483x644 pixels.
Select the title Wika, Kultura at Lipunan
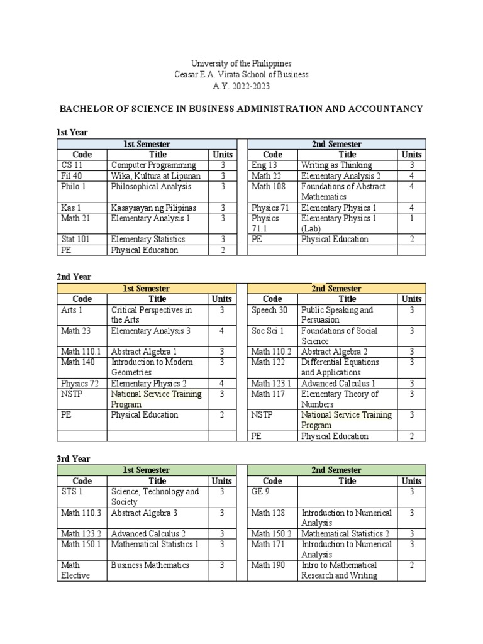pyautogui.click(x=156, y=176)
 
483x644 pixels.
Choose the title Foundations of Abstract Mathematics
pyautogui.click(x=343, y=192)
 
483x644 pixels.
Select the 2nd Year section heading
pyautogui.click(x=74, y=277)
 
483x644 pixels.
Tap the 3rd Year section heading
pyautogui.click(x=74, y=459)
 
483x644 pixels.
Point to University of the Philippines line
pyautogui.click(x=241, y=64)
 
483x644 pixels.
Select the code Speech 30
pyautogui.click(x=269, y=310)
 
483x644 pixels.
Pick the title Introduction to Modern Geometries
pyautogui.click(x=152, y=367)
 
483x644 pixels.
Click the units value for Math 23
pyautogui.click(x=221, y=331)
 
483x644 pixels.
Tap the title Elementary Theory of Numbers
pyautogui.click(x=340, y=399)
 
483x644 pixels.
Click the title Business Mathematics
pyautogui.click(x=150, y=565)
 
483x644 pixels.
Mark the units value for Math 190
pyautogui.click(x=411, y=565)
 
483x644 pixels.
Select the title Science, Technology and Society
pyautogui.click(x=155, y=497)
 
